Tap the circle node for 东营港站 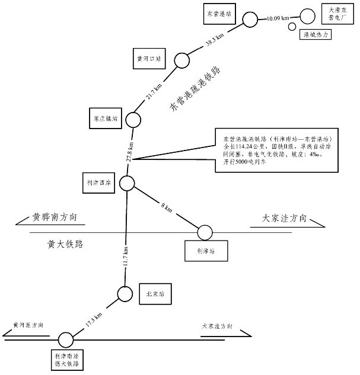(x=250, y=19)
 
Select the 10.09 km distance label (x=278, y=18)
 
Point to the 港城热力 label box (x=316, y=36)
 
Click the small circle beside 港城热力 (x=292, y=27)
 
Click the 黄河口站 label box (x=148, y=59)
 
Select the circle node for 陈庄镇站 (x=132, y=120)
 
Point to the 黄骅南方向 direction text (x=55, y=217)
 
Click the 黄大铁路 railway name (x=64, y=243)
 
